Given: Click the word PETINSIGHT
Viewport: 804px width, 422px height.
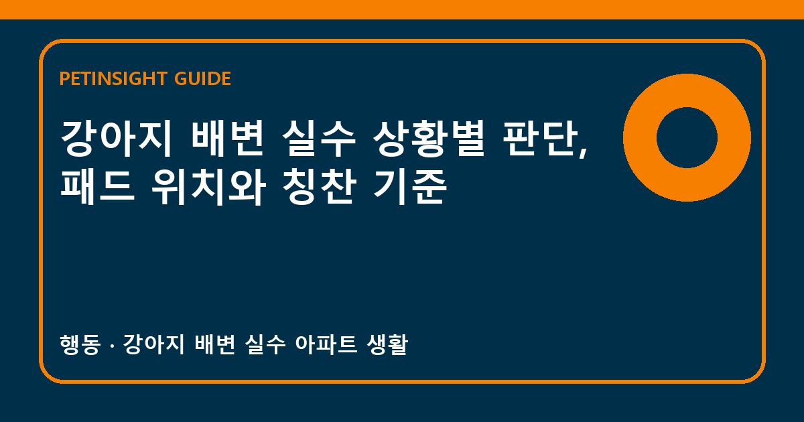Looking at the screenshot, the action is pyautogui.click(x=113, y=78).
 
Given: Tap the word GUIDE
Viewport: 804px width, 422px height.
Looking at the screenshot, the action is pyautogui.click(x=202, y=78).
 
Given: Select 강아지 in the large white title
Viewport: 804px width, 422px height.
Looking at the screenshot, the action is pyautogui.click(x=115, y=138).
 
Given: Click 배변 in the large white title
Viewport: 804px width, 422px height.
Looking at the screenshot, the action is pyautogui.click(x=228, y=138).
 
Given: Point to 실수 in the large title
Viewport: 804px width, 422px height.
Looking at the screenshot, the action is pyautogui.click(x=318, y=138).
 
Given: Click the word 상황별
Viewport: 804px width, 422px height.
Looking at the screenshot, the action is pyautogui.click(x=429, y=138).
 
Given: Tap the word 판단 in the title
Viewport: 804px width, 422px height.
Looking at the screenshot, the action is pyautogui.click(x=540, y=138).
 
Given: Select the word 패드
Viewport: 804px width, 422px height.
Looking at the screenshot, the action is pyautogui.click(x=97, y=187).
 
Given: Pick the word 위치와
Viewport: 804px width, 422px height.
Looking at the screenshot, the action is pyautogui.click(x=208, y=187).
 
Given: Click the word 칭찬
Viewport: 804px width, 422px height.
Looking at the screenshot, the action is pyautogui.click(x=319, y=187).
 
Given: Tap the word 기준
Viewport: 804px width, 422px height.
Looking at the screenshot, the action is pyautogui.click(x=410, y=187).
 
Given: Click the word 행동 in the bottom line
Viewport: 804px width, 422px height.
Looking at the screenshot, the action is pyautogui.click(x=80, y=344).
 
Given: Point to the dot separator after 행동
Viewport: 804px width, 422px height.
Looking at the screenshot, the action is pyautogui.click(x=112, y=346).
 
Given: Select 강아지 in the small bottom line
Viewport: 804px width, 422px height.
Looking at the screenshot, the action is pyautogui.click(x=153, y=344).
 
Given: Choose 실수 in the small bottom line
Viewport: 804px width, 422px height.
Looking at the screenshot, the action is pyautogui.click(x=265, y=344).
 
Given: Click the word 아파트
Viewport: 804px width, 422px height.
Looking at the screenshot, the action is pyautogui.click(x=326, y=344).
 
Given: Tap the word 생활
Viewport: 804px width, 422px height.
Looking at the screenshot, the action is pyautogui.click(x=388, y=344).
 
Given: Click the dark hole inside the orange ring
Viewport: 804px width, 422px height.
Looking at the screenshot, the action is pyautogui.click(x=687, y=137).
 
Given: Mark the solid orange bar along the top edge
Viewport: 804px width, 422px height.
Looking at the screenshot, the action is pyautogui.click(x=402, y=9).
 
